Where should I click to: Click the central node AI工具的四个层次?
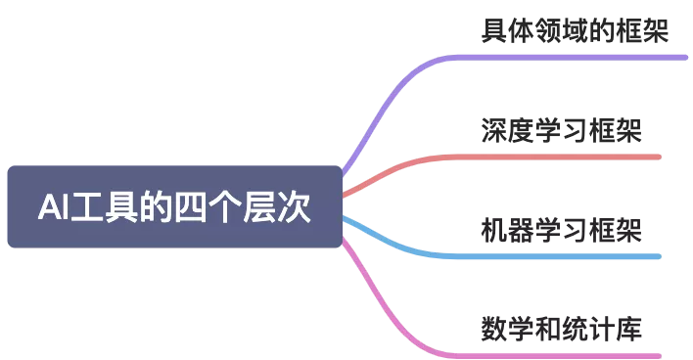175,206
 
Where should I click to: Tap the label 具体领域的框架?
575,30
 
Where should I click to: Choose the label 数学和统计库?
561,329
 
